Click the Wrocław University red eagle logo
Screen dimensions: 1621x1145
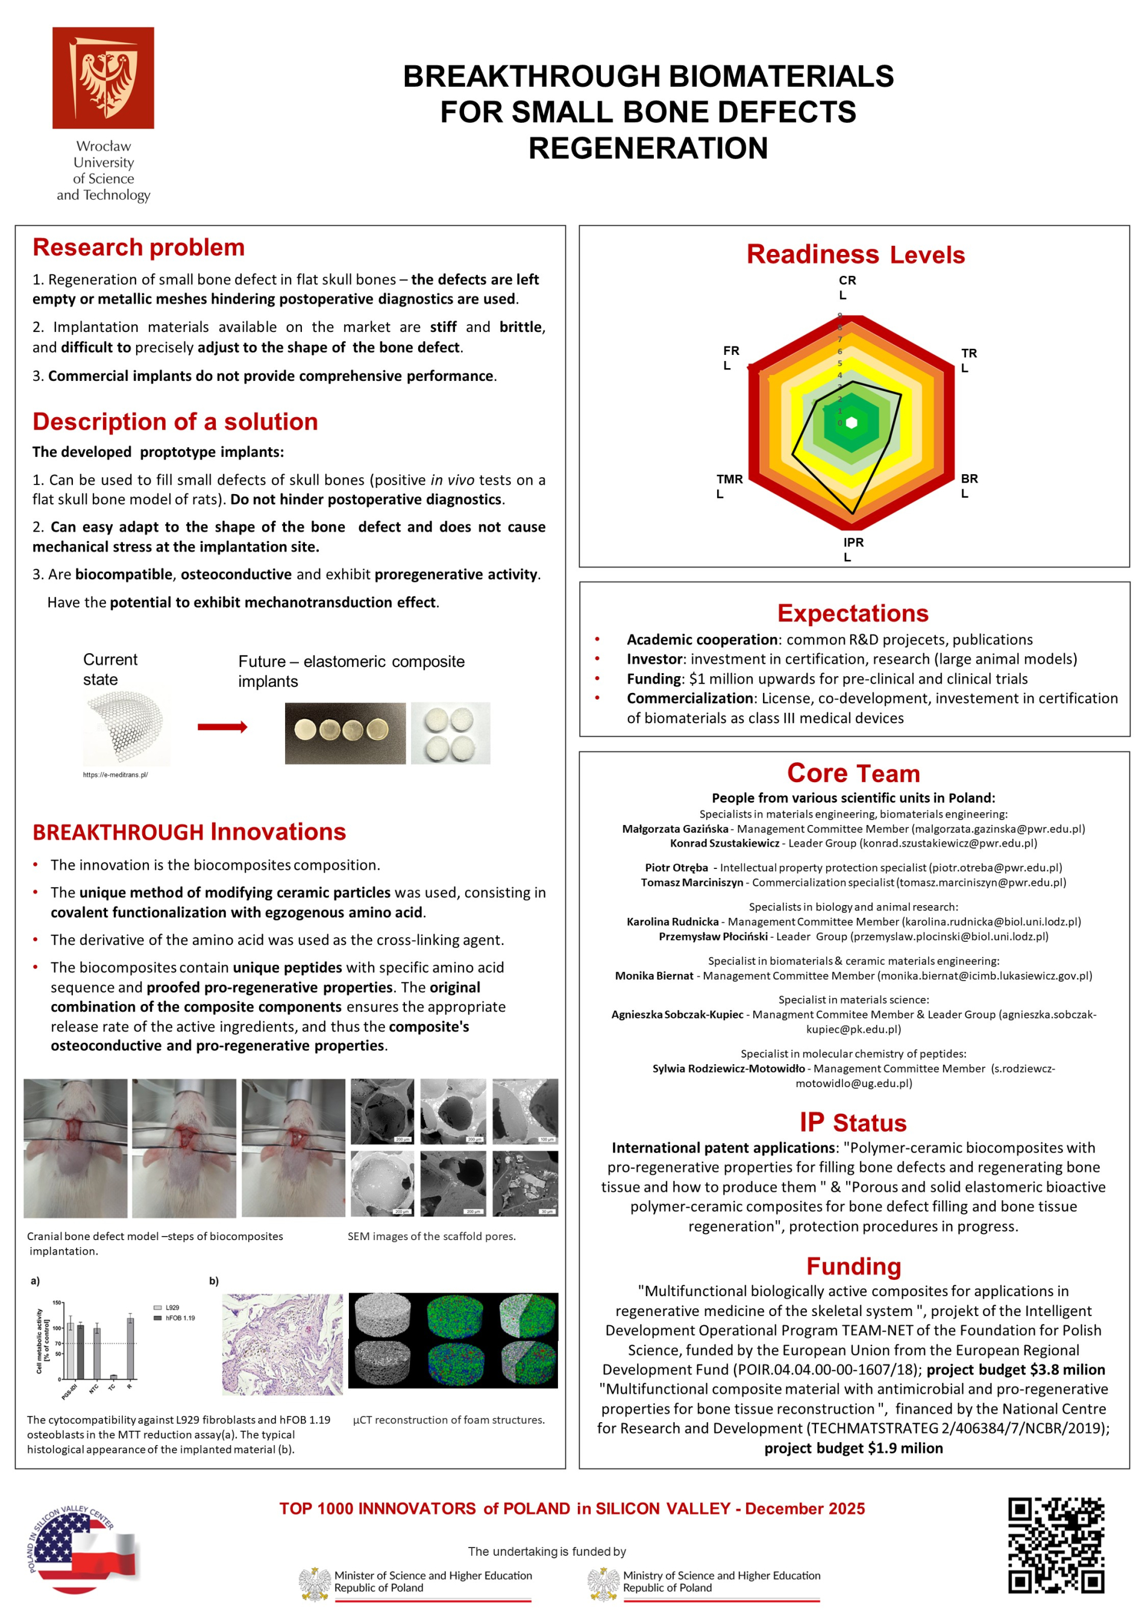(103, 78)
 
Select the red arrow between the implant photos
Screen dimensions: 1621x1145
(222, 727)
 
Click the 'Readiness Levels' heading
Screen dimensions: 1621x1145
(855, 255)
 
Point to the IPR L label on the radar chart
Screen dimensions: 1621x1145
(852, 548)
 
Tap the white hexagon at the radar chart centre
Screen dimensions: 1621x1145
(852, 423)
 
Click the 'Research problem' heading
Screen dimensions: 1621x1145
(139, 247)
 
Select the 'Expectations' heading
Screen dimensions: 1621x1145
(853, 613)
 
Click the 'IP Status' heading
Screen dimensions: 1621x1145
(853, 1123)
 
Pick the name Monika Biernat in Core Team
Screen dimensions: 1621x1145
(654, 976)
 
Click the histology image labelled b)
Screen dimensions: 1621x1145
(283, 1344)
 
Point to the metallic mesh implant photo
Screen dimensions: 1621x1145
(126, 727)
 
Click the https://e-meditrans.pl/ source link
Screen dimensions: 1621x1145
(115, 774)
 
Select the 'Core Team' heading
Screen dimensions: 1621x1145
(853, 773)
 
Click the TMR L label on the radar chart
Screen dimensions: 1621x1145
(729, 486)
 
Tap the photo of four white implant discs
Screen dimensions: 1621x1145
(450, 733)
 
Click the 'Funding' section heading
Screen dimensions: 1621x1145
(853, 1266)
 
